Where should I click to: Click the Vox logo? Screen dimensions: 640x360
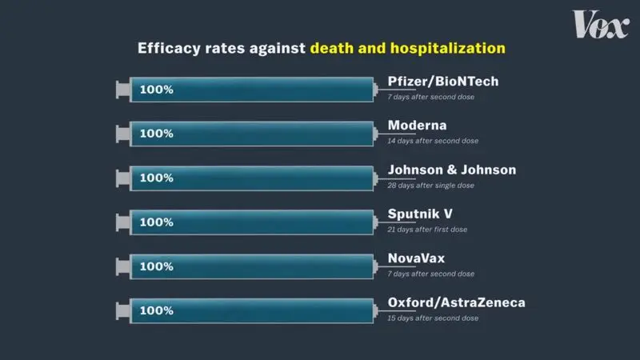point(601,25)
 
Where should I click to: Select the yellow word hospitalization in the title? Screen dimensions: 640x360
point(448,48)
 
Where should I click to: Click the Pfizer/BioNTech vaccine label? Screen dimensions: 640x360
point(443,82)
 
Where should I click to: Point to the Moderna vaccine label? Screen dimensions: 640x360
point(417,126)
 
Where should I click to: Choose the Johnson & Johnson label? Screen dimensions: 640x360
point(451,170)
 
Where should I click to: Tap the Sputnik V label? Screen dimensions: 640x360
point(419,214)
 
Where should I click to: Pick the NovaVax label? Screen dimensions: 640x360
point(416,258)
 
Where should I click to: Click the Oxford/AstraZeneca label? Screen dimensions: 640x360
point(456,302)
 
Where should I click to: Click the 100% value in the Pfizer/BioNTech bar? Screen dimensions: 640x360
point(156,90)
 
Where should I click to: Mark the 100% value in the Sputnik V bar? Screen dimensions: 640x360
point(156,222)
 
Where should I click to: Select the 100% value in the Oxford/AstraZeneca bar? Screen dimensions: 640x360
point(156,310)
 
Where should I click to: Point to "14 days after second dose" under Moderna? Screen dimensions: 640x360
point(433,141)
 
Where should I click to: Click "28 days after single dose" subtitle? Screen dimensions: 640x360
point(430,186)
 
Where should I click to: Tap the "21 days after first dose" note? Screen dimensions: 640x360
point(427,230)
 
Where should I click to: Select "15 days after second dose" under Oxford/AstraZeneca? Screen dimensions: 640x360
point(433,318)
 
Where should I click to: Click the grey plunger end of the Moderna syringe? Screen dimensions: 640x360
point(122,134)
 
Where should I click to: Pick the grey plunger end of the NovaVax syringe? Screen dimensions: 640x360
point(122,266)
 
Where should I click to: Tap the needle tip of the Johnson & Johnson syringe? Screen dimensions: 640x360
point(414,178)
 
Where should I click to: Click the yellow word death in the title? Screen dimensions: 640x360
point(332,48)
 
